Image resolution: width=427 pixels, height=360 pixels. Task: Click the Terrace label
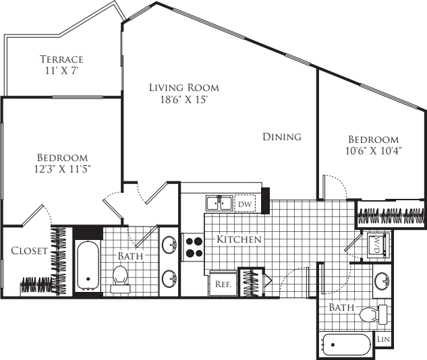coord(61,59)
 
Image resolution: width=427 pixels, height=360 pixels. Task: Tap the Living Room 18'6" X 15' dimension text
coord(184,100)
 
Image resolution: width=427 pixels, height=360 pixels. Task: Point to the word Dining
coord(282,137)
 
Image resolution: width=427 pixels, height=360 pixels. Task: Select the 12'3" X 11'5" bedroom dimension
coord(62,169)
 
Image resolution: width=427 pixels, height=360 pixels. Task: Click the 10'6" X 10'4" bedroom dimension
coord(374,151)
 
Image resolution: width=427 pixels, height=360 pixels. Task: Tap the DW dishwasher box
coord(245,204)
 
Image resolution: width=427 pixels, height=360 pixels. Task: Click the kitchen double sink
coord(219,203)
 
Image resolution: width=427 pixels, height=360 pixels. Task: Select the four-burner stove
coord(193,247)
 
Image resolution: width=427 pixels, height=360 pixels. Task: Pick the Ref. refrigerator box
coord(223,283)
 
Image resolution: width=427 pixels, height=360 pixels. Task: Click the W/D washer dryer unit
coord(377,245)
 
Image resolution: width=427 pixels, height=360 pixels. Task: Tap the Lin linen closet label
coord(383,339)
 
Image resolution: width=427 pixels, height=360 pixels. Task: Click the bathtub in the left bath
coord(88,266)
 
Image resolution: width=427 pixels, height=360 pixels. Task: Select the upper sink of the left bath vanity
coord(169,245)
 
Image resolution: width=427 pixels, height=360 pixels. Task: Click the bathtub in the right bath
coord(347,344)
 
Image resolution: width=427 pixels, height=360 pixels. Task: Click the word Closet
coord(30,251)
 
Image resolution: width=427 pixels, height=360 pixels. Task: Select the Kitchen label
coord(239,239)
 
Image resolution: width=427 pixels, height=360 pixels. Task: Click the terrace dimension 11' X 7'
coord(62,71)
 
